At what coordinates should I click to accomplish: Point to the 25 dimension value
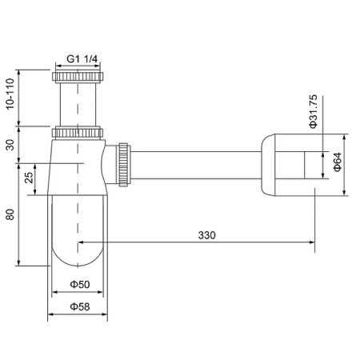[30, 178]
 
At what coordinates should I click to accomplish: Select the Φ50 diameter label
[78, 285]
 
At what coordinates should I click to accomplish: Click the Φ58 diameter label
[78, 306]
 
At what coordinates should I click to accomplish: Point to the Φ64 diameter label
[337, 164]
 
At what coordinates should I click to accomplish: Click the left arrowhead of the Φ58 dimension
[53, 314]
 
